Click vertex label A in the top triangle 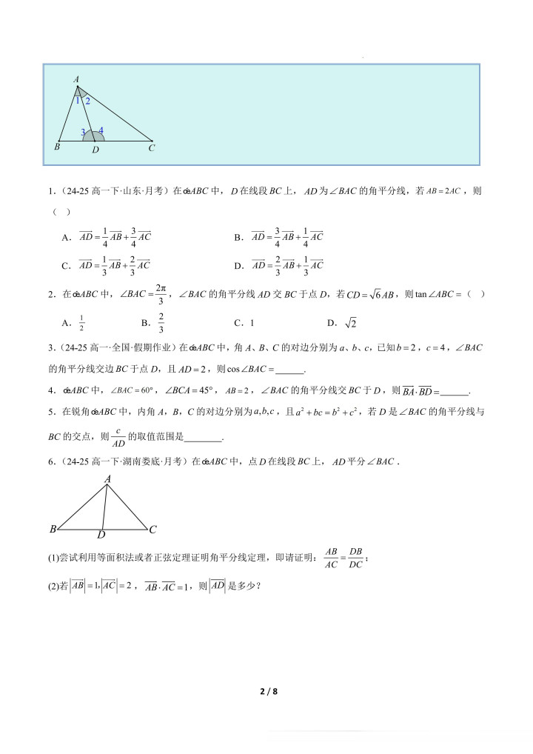[76, 79]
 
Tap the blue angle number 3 [83, 133]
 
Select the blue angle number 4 [101, 131]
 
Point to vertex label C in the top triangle [151, 147]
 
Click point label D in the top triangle [95, 150]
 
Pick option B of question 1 [286, 237]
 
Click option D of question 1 [286, 264]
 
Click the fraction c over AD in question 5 [115, 438]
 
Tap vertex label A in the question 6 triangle [107, 480]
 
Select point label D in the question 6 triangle [101, 534]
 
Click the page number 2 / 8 [268, 692]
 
